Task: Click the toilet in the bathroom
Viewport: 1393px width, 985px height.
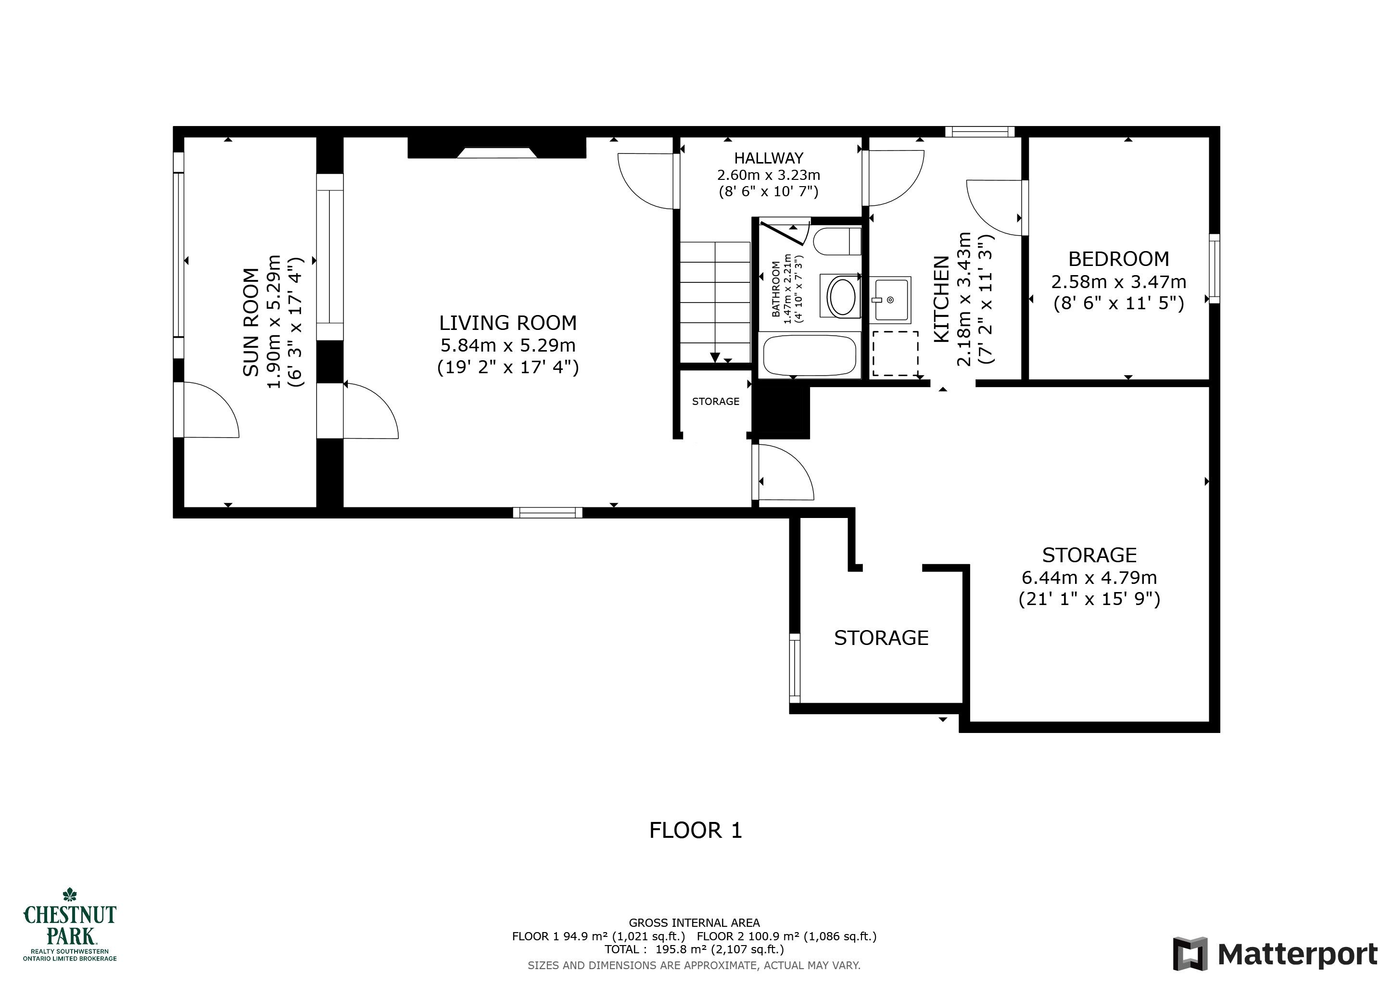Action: pyautogui.click(x=837, y=241)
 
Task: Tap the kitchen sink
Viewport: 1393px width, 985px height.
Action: pyautogui.click(x=892, y=300)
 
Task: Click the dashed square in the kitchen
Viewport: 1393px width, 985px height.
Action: pyautogui.click(x=896, y=354)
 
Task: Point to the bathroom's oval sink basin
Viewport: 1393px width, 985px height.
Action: pyautogui.click(x=841, y=296)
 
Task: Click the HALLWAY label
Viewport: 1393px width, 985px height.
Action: pyautogui.click(x=769, y=158)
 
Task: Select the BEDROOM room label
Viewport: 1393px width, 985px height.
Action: pyautogui.click(x=1119, y=259)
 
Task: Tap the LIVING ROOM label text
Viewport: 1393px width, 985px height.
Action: pyautogui.click(x=508, y=323)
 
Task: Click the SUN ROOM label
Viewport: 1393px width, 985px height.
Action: pyautogui.click(x=251, y=322)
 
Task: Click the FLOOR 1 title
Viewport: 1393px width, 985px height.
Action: pyautogui.click(x=696, y=830)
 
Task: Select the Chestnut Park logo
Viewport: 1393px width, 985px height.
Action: pyautogui.click(x=70, y=925)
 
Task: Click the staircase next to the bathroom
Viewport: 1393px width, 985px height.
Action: pyautogui.click(x=715, y=302)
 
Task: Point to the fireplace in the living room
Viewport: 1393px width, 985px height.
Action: pyautogui.click(x=497, y=147)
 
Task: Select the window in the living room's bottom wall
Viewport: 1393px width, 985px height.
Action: pyautogui.click(x=548, y=513)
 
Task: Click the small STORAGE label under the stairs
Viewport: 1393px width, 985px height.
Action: pyautogui.click(x=716, y=402)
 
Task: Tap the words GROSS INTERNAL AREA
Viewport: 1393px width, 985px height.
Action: pyautogui.click(x=694, y=923)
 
